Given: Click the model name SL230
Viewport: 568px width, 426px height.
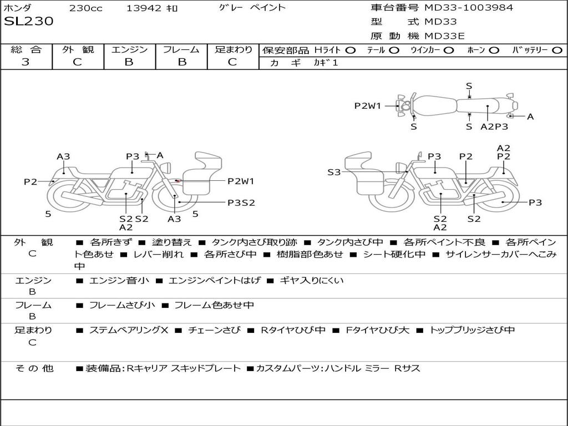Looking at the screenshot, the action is (29, 22).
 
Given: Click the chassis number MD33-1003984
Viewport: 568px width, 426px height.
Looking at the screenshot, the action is (469, 8).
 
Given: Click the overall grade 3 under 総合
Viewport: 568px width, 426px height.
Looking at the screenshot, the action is (26, 62).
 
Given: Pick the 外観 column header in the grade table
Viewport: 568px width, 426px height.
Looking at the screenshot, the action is (78, 49).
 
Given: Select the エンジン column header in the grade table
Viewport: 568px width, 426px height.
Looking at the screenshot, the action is (130, 49).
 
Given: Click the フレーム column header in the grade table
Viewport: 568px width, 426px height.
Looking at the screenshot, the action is (181, 49).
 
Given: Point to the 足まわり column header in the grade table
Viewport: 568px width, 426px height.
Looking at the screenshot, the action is (234, 49).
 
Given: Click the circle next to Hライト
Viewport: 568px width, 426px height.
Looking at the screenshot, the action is (350, 50).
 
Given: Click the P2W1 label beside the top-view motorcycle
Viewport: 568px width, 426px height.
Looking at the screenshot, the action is (368, 106).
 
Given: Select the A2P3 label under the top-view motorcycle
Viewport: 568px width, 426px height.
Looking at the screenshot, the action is (494, 126).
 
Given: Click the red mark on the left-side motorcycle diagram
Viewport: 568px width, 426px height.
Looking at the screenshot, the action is (176, 181).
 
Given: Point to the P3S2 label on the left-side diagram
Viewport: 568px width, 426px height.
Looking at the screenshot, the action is (241, 202).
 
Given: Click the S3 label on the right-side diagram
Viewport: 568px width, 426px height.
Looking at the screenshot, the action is (334, 173).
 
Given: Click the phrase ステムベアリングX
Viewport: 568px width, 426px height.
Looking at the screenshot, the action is (128, 330).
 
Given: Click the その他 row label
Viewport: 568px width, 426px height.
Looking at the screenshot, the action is (34, 368).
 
